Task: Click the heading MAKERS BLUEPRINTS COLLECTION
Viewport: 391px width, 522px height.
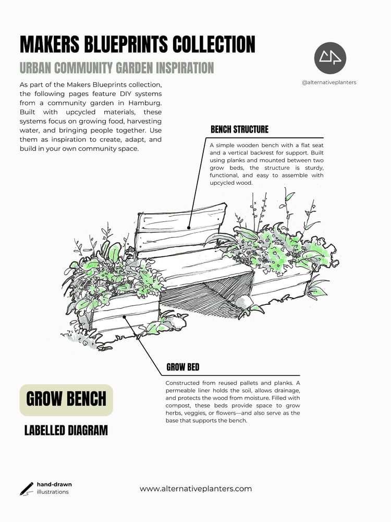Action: [137, 45]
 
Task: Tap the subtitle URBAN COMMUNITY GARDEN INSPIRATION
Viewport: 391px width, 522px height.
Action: [116, 68]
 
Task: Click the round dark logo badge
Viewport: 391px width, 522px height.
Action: [330, 58]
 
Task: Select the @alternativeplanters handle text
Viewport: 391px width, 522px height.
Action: [329, 82]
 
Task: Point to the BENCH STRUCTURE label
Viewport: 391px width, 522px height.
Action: [239, 129]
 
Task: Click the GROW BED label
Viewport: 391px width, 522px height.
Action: [182, 367]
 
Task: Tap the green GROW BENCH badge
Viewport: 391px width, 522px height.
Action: [66, 400]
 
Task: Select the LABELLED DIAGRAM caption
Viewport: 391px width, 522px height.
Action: [66, 431]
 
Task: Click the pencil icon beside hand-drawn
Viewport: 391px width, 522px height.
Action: [26, 488]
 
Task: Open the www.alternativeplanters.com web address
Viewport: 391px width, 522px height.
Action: [195, 489]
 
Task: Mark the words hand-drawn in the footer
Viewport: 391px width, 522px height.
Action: [54, 484]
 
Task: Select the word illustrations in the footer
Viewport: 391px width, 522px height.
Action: [52, 492]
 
